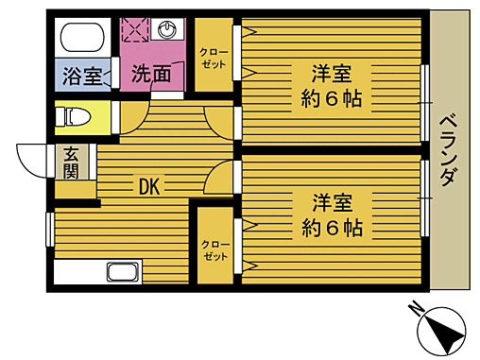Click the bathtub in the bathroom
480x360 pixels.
83,40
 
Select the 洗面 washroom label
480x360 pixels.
151,74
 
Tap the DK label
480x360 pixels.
149,186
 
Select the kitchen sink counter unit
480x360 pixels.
97,272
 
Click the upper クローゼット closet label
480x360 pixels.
214,57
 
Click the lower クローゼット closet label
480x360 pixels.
214,249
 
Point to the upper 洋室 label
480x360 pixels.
333,72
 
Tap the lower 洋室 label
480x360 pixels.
333,200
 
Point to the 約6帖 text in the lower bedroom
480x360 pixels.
333,227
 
